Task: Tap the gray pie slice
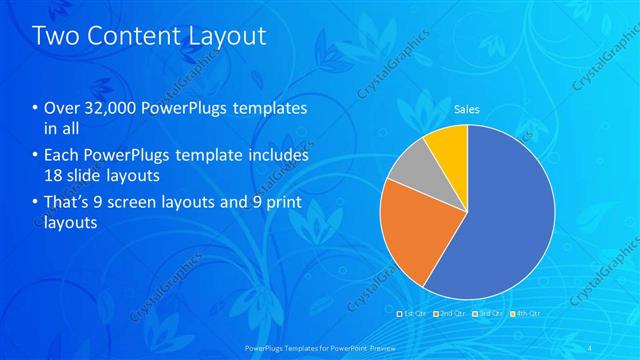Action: [409, 176]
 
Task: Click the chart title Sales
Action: [467, 108]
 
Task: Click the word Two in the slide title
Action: [55, 36]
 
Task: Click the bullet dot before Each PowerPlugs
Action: [37, 157]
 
